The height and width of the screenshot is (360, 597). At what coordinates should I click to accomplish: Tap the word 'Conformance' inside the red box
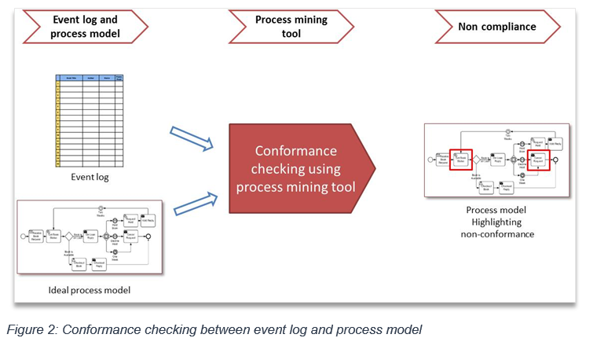(x=295, y=151)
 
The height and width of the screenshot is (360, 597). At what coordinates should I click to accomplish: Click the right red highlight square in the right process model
(x=537, y=160)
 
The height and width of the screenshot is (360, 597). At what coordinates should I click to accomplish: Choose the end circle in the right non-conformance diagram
(x=557, y=160)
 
